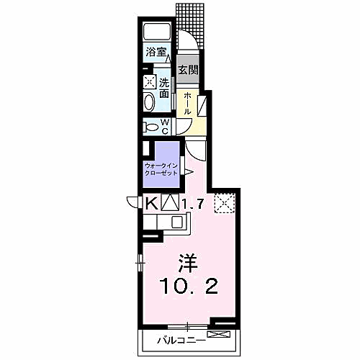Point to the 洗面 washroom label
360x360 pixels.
tap(164, 88)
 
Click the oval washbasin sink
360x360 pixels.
tap(149, 102)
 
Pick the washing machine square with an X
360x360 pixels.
tap(149, 81)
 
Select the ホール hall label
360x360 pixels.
tap(188, 104)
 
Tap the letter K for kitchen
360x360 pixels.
tap(152, 204)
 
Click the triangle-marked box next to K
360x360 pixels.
tap(169, 204)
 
